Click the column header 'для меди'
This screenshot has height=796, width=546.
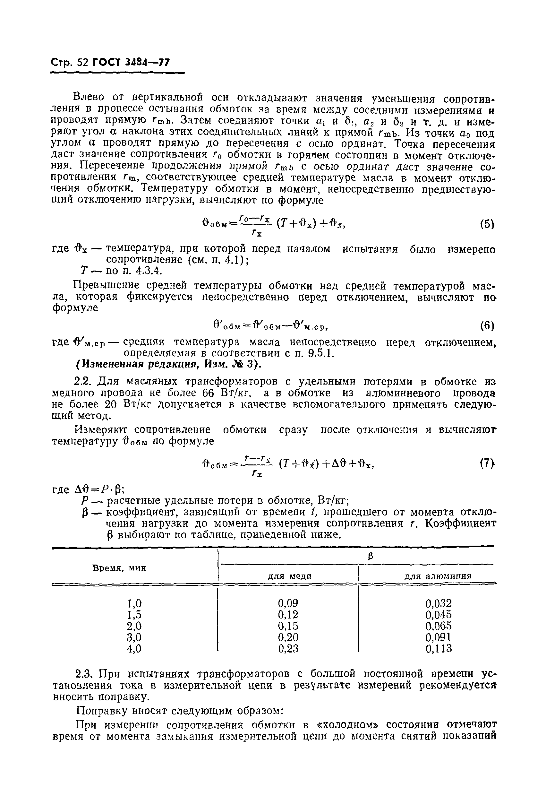coord(289,576)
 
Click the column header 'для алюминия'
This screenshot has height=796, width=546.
coord(438,576)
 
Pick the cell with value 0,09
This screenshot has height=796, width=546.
coord(288,602)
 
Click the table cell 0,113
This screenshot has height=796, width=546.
coord(439,648)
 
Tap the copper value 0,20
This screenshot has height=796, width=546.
coord(288,637)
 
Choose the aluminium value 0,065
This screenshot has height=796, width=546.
coord(439,626)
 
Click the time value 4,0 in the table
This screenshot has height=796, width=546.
coord(134,648)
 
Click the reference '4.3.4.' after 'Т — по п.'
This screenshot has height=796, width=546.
coord(148,271)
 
